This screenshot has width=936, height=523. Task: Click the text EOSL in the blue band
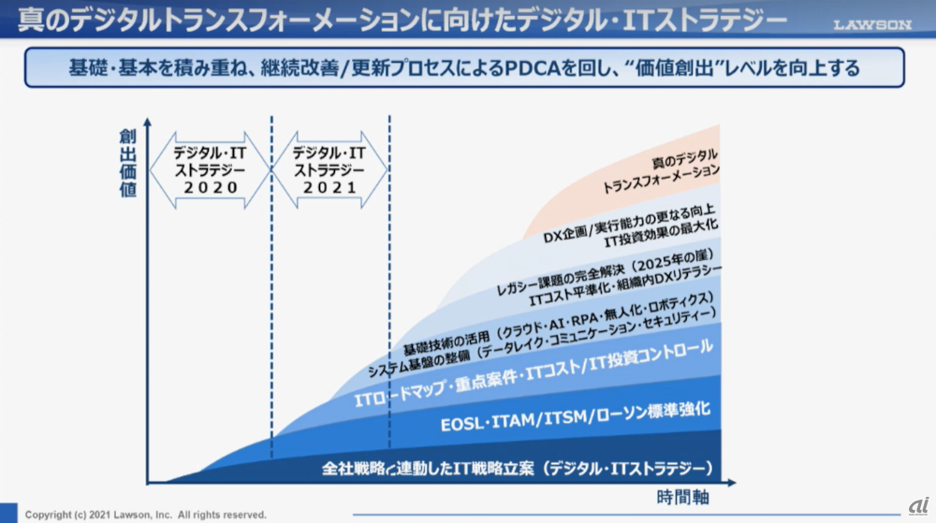click(x=464, y=424)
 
